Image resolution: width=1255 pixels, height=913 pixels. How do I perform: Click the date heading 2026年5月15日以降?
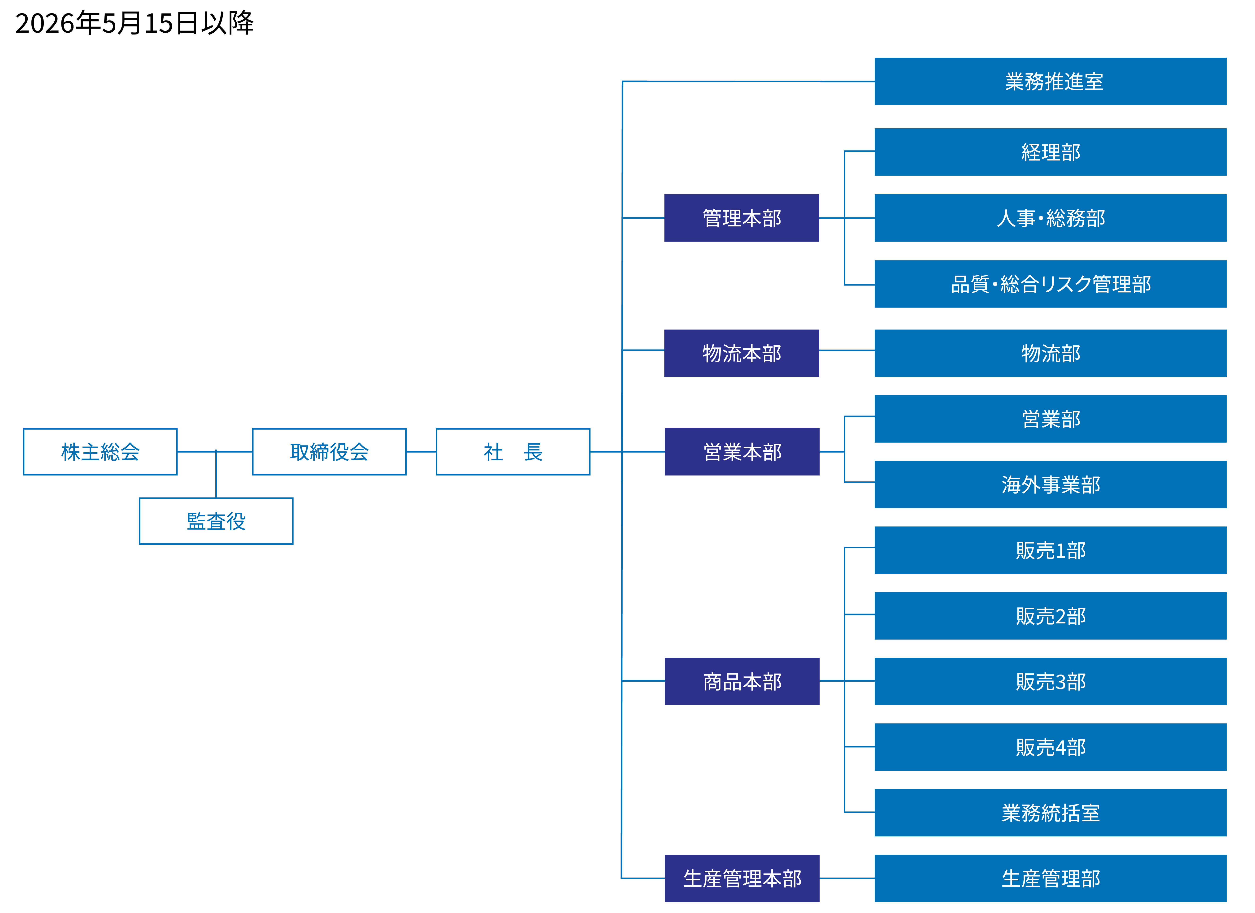click(x=135, y=23)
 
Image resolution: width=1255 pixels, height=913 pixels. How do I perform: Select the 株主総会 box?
click(x=100, y=451)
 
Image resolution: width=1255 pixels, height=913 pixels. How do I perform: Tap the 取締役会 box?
click(x=329, y=451)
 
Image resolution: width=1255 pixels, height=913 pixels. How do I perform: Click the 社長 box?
click(x=513, y=451)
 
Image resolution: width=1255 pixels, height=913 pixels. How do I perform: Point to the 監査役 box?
click(x=216, y=521)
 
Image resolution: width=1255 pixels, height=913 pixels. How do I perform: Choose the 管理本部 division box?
click(x=742, y=218)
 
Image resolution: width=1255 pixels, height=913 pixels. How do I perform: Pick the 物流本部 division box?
click(x=742, y=353)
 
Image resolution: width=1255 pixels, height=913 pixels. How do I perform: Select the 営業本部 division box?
click(x=742, y=451)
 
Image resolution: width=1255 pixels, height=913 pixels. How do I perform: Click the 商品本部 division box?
click(x=742, y=681)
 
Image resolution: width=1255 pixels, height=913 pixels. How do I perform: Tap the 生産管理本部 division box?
click(x=742, y=878)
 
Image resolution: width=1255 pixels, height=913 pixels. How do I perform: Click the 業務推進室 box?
click(x=1050, y=81)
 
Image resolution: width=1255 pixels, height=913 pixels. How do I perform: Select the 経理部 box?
click(x=1050, y=152)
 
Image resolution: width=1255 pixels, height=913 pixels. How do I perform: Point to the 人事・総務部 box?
click(x=1050, y=218)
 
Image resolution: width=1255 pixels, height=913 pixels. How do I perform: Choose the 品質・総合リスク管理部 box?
click(x=1050, y=284)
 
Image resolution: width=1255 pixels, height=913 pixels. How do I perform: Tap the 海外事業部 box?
click(x=1050, y=484)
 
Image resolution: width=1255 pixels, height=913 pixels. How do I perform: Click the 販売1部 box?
click(x=1050, y=550)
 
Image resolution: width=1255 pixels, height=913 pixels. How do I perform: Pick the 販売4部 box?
click(x=1050, y=747)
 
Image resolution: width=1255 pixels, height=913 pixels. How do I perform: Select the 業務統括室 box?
click(x=1050, y=812)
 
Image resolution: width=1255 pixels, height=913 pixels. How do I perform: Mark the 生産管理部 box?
click(x=1050, y=878)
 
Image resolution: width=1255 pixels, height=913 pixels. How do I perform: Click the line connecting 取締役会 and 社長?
click(x=421, y=451)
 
